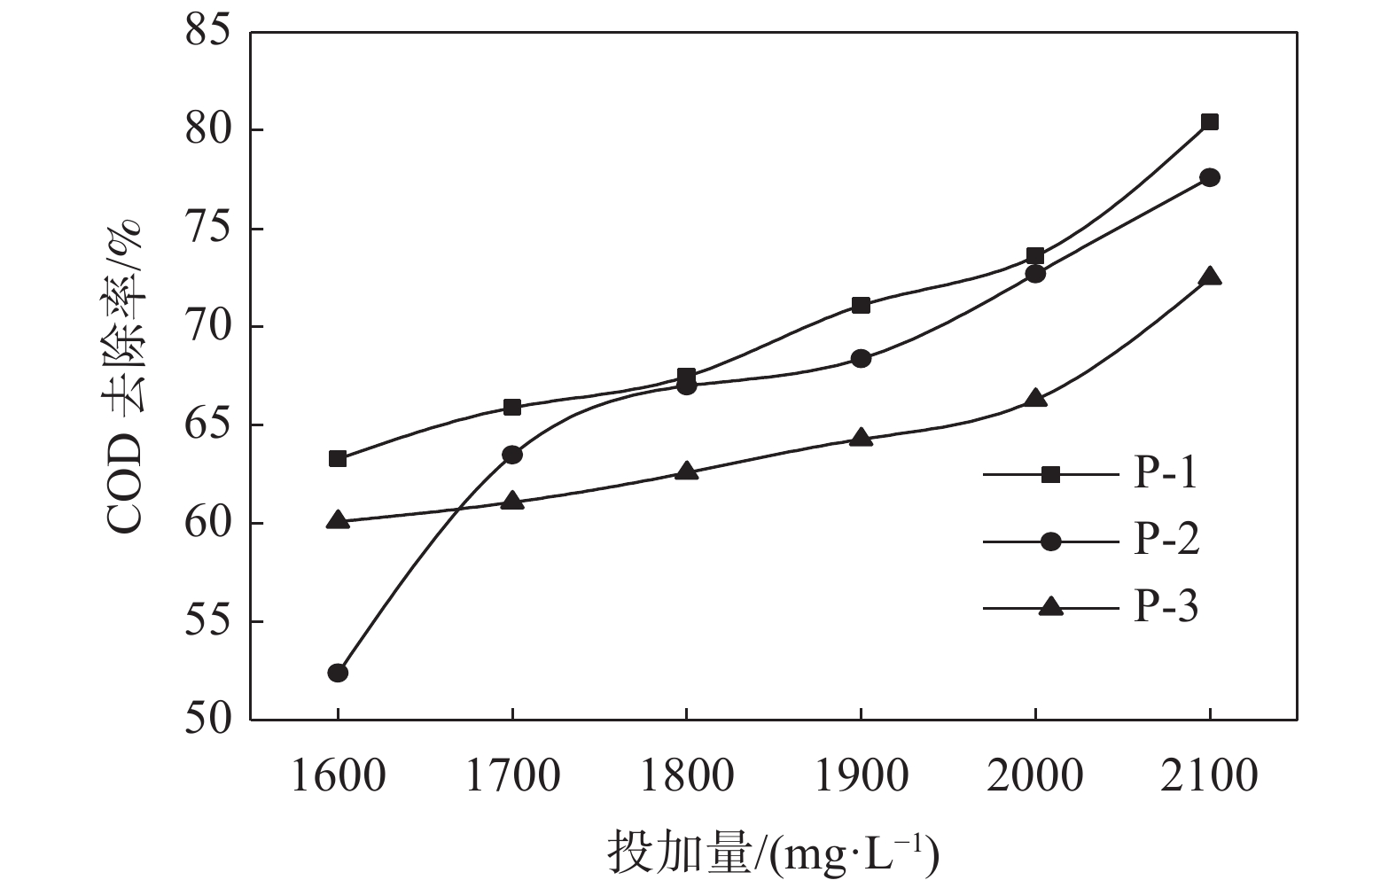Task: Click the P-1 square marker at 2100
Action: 1210,122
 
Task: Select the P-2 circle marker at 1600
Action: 338,673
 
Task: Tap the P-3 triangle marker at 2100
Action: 1210,277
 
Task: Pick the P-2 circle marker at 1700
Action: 512,455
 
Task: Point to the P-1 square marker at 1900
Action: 861,306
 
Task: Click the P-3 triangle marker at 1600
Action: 338,520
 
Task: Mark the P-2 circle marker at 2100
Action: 1210,178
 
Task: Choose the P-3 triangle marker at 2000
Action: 1035,399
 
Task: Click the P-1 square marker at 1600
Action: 338,459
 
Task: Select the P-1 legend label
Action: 1166,474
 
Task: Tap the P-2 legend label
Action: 1166,541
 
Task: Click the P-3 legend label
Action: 1166,607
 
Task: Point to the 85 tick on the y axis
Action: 207,33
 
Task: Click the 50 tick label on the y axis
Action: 207,720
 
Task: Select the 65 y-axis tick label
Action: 207,425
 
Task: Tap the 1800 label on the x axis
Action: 687,776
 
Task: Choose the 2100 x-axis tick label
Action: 1210,776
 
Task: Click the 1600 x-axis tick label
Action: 338,776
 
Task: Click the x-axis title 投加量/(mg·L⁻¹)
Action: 773,853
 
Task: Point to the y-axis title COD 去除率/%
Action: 125,377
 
